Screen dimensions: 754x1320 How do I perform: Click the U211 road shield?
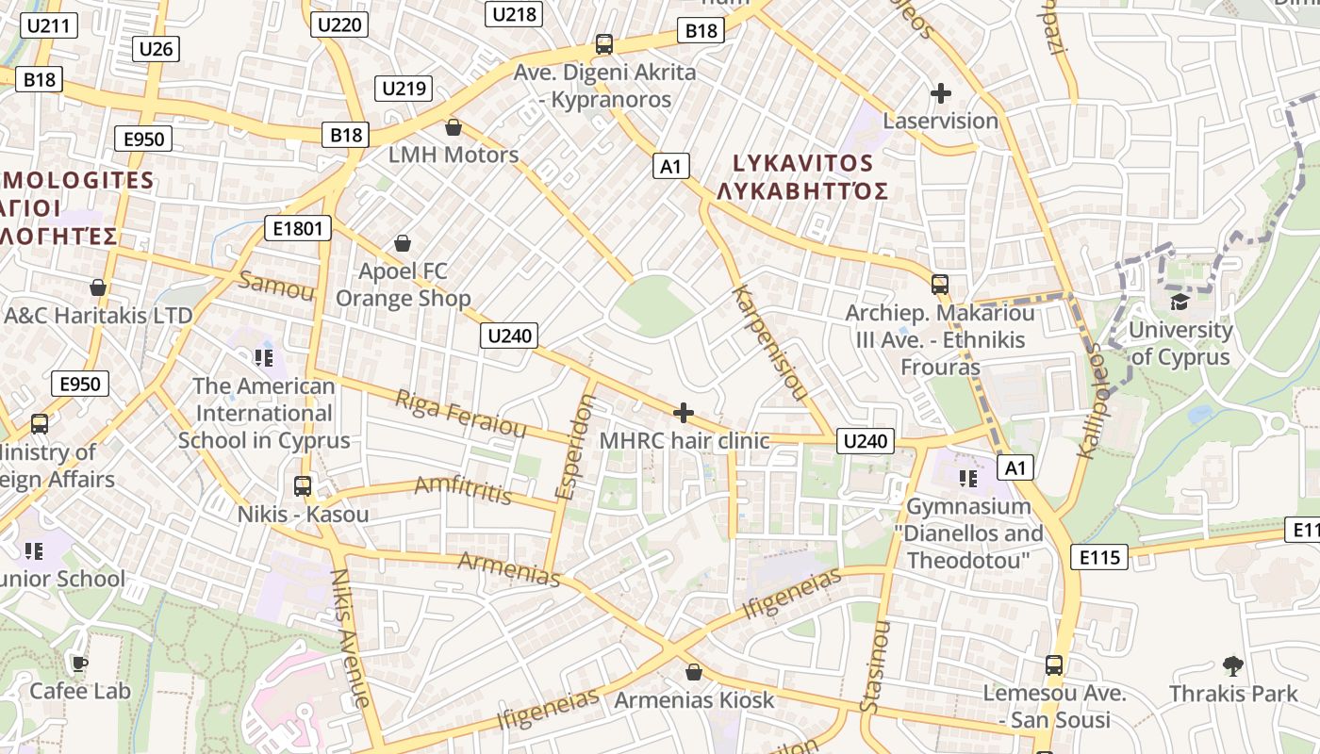(48, 25)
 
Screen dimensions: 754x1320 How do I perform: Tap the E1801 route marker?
(298, 228)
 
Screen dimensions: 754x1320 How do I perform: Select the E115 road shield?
(1099, 557)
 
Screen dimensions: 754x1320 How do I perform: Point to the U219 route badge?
(404, 89)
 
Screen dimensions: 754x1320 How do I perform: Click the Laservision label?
(940, 121)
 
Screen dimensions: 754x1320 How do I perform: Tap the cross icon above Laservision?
(940, 93)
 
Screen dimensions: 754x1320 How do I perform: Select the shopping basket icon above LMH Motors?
(454, 127)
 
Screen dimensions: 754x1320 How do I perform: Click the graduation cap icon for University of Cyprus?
(1180, 303)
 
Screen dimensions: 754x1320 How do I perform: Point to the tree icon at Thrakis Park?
(1232, 666)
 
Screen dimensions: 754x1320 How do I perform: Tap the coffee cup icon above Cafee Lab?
(80, 664)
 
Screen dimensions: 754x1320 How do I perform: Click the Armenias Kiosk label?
(694, 700)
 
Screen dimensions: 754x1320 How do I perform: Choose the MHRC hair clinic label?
(685, 440)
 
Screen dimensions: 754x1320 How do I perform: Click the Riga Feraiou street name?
(460, 414)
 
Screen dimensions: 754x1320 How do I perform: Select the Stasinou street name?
(874, 666)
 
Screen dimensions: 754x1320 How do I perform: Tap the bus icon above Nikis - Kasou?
(303, 486)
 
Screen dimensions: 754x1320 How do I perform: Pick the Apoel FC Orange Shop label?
(403, 286)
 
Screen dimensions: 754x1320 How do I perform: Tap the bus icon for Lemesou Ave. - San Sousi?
(1054, 665)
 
